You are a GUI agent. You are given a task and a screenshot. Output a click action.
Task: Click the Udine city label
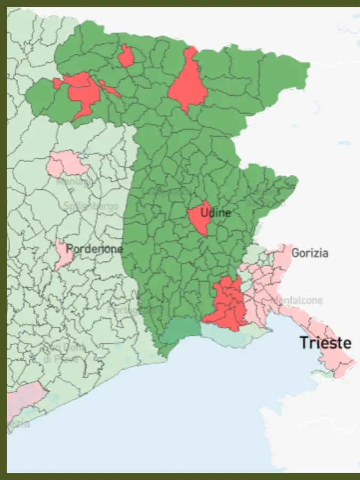point(215,213)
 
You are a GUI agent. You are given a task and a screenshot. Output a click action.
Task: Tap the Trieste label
point(325,343)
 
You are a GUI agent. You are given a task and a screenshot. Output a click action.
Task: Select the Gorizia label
point(310,253)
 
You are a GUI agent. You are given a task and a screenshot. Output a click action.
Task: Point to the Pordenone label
point(94,249)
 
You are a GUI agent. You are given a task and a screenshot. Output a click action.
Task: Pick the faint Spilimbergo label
point(91,206)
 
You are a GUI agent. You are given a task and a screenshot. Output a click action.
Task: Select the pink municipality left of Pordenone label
point(63,255)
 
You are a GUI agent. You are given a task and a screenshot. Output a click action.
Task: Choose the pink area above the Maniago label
point(68,163)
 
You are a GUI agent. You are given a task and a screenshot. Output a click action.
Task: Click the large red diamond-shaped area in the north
point(188,83)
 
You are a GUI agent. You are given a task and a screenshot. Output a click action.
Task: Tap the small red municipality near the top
point(126,56)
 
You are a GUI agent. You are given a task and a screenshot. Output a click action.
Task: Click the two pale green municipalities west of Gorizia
point(256,253)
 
